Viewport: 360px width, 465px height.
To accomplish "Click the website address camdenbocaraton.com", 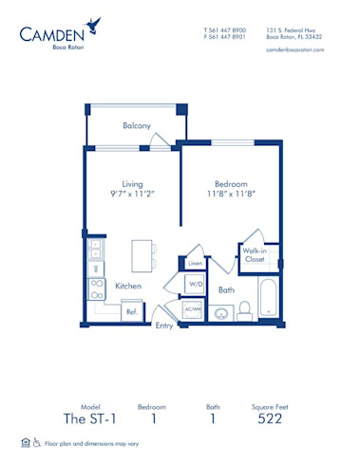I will coord(295,49).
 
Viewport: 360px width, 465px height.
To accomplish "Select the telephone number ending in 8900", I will coord(225,29).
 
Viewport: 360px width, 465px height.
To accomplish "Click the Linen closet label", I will coord(194,263).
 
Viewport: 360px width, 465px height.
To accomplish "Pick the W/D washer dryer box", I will coord(194,283).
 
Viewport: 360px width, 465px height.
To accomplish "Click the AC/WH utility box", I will coord(194,308).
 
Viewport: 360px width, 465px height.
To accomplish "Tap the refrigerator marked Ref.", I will coord(132,311).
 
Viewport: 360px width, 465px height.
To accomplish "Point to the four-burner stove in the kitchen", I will coord(96,288).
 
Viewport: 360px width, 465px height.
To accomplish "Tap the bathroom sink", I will coord(222,312).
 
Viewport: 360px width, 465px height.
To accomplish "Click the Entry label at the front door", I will coord(165,325).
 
